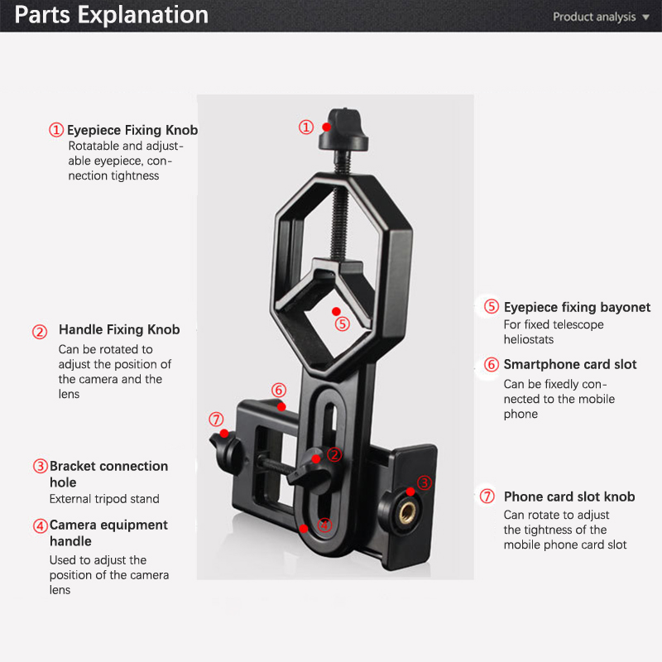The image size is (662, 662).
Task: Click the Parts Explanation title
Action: tap(112, 15)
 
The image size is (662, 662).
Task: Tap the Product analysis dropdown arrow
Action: tap(645, 17)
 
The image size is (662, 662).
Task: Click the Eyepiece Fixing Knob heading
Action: tap(132, 130)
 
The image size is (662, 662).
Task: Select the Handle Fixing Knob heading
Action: tap(119, 329)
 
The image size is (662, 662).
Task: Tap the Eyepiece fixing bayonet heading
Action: tap(577, 307)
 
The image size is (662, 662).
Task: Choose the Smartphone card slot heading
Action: tap(570, 364)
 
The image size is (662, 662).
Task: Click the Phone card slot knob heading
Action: tap(569, 496)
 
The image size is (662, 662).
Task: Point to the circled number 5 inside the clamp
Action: tap(343, 324)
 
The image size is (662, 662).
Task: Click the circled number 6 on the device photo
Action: tap(278, 390)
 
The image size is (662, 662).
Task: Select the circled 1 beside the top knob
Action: tap(306, 127)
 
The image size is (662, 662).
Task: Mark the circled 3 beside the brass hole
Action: tap(424, 482)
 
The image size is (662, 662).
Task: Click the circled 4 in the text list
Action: tap(40, 525)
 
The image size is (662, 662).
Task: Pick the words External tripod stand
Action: tap(104, 499)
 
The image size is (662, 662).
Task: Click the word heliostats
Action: tap(529, 339)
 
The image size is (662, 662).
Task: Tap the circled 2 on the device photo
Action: tap(333, 453)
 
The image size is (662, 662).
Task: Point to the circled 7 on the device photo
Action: tap(216, 420)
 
